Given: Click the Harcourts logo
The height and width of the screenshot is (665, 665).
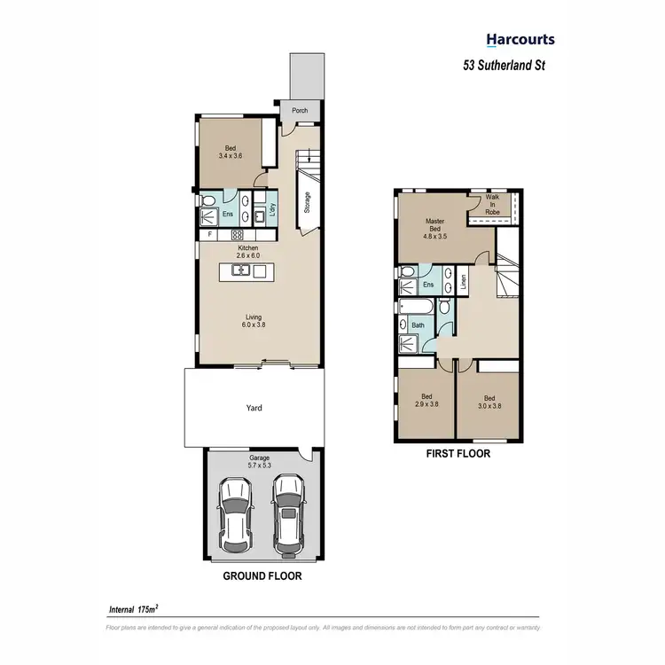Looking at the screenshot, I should pos(520,39).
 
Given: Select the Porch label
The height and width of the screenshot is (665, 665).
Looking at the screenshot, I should pos(301,112).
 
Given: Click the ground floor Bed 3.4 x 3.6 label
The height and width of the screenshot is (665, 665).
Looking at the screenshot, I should pos(231,152).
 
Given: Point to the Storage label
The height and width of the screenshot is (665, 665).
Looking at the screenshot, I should pos(307,204).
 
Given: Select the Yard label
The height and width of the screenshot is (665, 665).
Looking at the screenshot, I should pos(254,408).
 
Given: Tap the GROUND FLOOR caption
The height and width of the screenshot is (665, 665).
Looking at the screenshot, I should pos(262,575).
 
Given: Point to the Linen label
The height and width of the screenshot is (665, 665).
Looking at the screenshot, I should pos(463,283).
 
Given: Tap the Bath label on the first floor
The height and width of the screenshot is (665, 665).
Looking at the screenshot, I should pos(418,325).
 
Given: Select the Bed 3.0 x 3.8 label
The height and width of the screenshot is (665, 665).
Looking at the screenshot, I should pos(489,402).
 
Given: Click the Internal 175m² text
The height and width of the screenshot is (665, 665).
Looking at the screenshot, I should pos(133,610).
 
